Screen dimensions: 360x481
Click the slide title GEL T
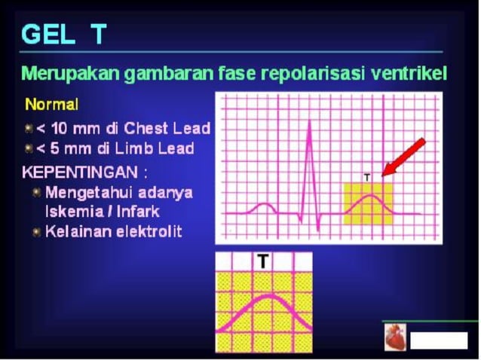(x=64, y=34)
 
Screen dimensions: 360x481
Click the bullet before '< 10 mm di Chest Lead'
(x=29, y=128)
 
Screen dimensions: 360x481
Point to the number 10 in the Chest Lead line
(x=58, y=128)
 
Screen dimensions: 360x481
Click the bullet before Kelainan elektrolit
(x=35, y=232)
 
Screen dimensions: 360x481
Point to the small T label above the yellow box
(x=367, y=177)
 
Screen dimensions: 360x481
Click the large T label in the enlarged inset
(x=262, y=261)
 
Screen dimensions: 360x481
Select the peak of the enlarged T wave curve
(x=265, y=296)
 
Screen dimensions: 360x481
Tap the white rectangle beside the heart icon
(x=438, y=340)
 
